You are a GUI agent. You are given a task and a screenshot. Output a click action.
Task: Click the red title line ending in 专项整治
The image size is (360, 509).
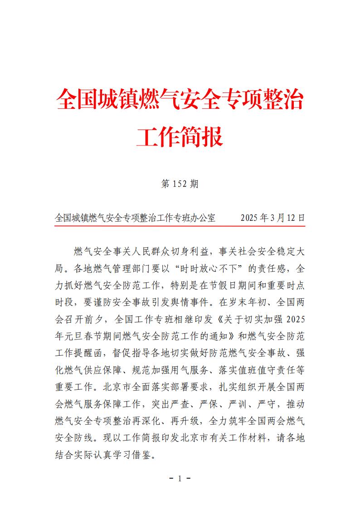pyautogui.click(x=180, y=99)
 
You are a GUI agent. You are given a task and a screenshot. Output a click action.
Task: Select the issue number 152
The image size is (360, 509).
pyautogui.click(x=180, y=184)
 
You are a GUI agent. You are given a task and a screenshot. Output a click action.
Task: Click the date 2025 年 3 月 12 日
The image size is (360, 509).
pyautogui.click(x=272, y=218)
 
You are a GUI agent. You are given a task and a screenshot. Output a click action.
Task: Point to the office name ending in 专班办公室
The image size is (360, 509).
pyautogui.click(x=135, y=218)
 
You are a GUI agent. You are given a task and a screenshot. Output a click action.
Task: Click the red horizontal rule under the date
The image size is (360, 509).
pyautogui.click(x=180, y=225)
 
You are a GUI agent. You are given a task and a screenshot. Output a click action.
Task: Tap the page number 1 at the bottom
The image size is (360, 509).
pyautogui.click(x=180, y=479)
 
